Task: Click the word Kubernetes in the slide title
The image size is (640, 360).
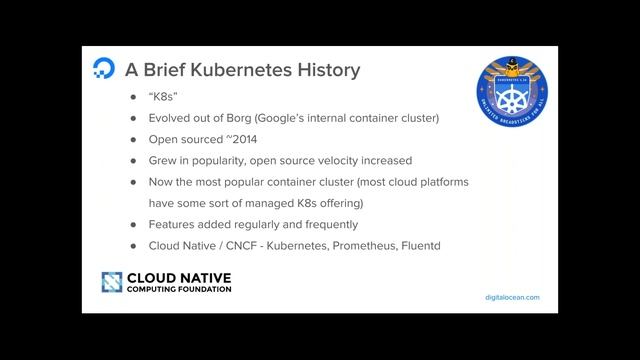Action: point(245,71)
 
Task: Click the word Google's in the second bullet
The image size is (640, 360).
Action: point(299,119)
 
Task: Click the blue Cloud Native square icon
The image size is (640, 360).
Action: point(111,282)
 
